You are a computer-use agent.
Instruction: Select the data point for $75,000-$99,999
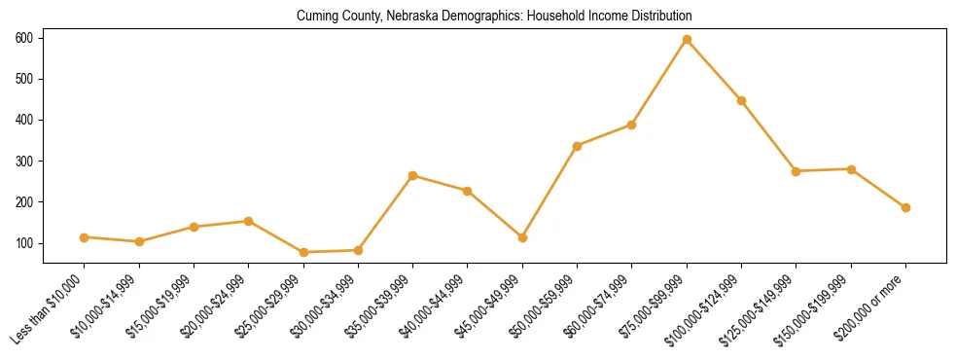click(x=687, y=39)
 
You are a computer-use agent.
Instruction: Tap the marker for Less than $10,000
click(x=85, y=237)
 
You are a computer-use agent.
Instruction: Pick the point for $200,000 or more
click(x=905, y=207)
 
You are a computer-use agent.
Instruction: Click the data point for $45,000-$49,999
click(x=522, y=237)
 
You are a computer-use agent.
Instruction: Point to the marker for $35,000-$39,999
click(x=413, y=175)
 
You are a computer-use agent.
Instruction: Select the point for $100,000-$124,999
click(x=741, y=100)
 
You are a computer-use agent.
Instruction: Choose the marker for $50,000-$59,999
click(x=578, y=146)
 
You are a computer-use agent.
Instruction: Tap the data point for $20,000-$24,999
click(x=249, y=221)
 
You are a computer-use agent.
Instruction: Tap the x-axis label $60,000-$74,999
click(x=601, y=302)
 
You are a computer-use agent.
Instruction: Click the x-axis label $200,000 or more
click(x=875, y=301)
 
